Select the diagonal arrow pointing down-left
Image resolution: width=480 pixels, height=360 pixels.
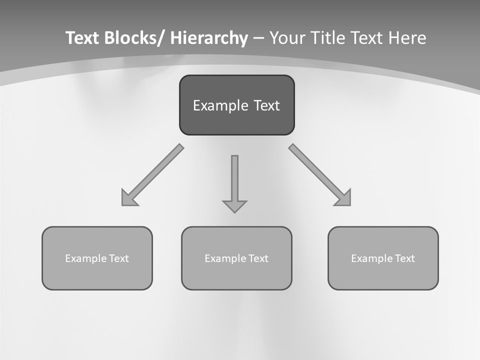coord(152,175)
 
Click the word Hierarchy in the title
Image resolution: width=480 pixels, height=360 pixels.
coord(209,38)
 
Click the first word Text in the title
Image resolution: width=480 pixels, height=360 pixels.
coord(82,38)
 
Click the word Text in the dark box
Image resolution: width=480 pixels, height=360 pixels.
coord(266,105)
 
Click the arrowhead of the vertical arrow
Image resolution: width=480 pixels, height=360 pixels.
coord(234,206)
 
